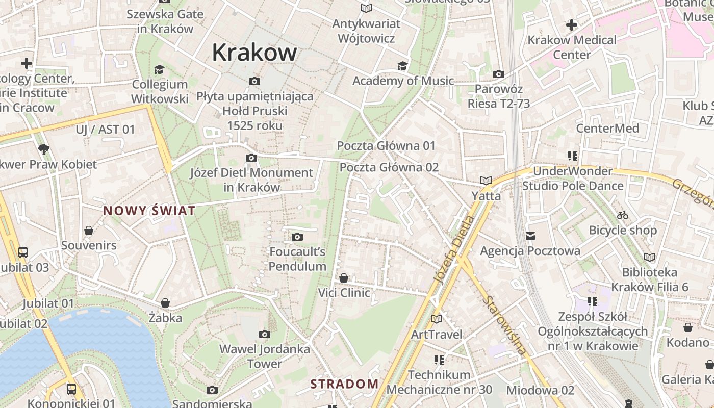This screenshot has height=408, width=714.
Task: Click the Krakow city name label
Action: click(254, 52)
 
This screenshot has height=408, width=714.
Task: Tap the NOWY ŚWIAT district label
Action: click(149, 211)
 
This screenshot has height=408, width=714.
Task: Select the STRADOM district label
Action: click(344, 384)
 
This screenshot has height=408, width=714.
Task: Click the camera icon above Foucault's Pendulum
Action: click(297, 237)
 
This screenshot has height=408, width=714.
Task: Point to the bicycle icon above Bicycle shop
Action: click(622, 215)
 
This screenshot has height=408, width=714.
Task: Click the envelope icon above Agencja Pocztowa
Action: click(530, 236)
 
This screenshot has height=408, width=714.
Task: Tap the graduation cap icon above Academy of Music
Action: click(403, 66)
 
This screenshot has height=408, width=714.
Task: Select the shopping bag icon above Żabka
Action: click(165, 303)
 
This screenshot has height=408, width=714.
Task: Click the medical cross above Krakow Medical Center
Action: click(572, 24)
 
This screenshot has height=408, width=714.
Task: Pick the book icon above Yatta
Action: click(486, 181)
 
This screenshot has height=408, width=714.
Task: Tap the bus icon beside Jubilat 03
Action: click(23, 252)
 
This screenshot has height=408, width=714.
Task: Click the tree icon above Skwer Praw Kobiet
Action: click(44, 149)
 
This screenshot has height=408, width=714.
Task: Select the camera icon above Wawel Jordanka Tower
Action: click(264, 334)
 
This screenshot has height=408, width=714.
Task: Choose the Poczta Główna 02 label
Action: click(389, 167)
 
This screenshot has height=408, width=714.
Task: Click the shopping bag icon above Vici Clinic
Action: click(344, 278)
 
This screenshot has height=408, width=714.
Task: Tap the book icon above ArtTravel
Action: click(436, 319)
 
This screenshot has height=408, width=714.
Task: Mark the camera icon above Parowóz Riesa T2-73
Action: click(499, 74)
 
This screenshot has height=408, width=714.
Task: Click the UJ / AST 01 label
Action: click(106, 130)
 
